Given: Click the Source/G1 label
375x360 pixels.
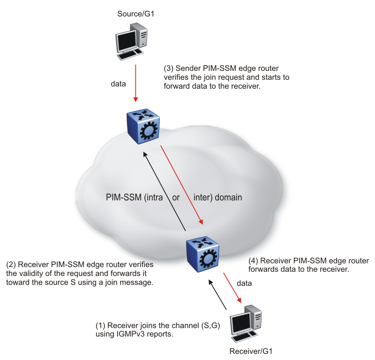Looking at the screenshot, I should (x=135, y=14).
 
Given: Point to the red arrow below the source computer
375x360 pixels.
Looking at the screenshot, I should (x=135, y=83).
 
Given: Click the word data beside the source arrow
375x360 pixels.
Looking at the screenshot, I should (x=118, y=84).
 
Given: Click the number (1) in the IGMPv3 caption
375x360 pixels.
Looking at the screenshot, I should (x=101, y=326).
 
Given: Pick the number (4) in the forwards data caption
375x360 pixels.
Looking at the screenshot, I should (x=253, y=260).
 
